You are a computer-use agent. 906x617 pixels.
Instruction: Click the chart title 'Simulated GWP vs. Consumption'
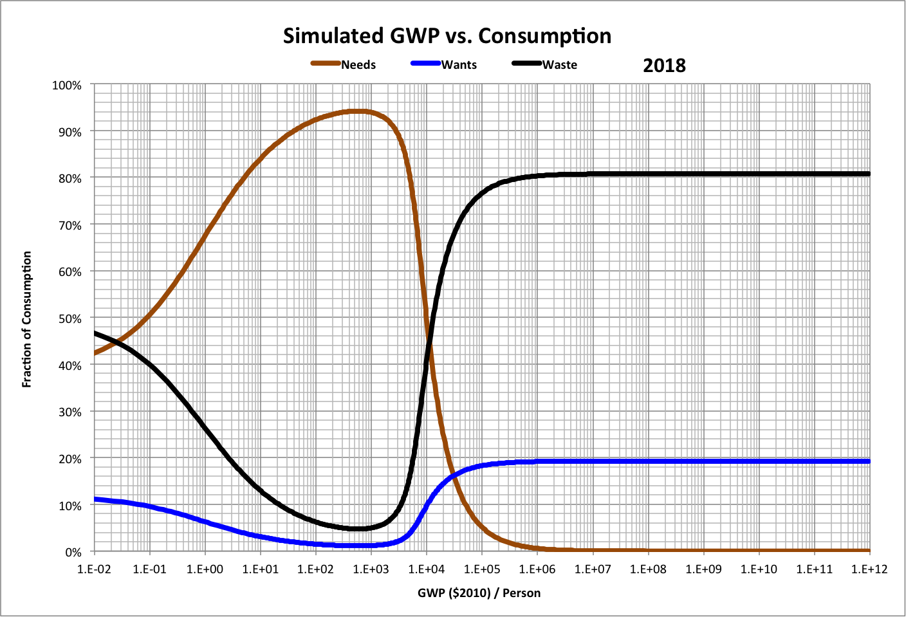point(447,36)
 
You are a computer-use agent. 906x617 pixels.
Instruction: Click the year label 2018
point(664,66)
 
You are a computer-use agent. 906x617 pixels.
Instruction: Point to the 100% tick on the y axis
point(67,85)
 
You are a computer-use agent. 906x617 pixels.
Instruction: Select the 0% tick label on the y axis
point(73,552)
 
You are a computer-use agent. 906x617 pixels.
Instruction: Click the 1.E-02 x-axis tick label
point(95,569)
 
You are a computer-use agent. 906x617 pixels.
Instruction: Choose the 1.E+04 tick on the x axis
point(426,569)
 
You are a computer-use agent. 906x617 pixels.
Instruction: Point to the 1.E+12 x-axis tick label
point(869,569)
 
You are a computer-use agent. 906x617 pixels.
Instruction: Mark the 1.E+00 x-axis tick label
point(205,569)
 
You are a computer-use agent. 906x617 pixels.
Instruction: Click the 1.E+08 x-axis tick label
point(648,569)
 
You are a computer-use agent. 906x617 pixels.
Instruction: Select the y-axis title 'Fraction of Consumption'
point(27,319)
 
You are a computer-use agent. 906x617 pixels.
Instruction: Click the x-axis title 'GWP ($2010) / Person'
point(479,593)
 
